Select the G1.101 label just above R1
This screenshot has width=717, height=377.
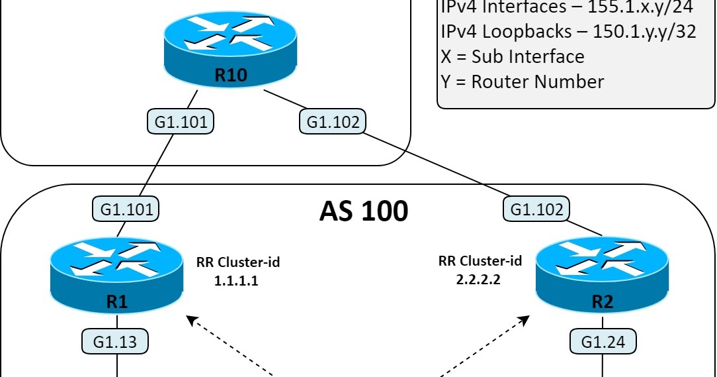126,209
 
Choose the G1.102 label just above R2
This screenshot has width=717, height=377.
536,209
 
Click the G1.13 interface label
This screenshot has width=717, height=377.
114,341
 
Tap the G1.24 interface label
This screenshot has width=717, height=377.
603,342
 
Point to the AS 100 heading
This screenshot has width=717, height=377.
364,211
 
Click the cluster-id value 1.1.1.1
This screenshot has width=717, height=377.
235,281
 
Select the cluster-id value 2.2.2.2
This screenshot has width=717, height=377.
478,280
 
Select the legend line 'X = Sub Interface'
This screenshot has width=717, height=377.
512,56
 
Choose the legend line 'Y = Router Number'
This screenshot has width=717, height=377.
522,81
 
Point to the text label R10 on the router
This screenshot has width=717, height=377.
231,75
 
